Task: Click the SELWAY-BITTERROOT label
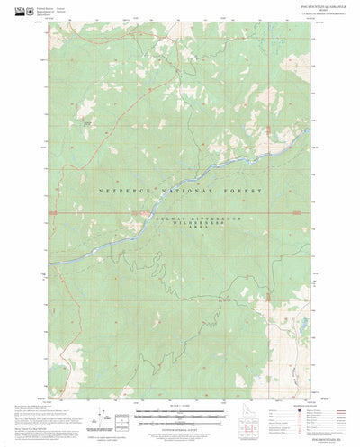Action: point(185,218)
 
